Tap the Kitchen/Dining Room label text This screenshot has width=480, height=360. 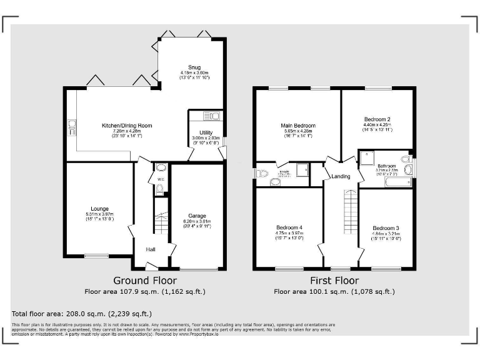pos(127,126)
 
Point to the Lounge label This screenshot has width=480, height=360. pos(99,209)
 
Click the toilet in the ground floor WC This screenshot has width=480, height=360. pos(159,188)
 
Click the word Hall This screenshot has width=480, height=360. pos(151,249)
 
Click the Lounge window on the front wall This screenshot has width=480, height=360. pos(97,256)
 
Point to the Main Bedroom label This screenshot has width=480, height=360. pos(298,126)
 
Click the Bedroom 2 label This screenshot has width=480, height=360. pos(377,119)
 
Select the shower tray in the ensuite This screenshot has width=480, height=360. pos(302,169)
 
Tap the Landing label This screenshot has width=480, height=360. pos(341,177)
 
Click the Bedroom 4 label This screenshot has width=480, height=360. pos(289,227)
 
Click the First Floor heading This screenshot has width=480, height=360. pos(334,281)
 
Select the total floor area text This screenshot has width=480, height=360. pos(81,313)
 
